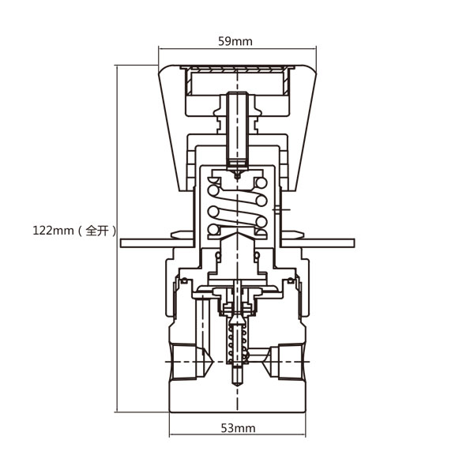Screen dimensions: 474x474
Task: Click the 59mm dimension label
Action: click(x=235, y=41)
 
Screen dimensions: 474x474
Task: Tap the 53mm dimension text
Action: click(x=239, y=428)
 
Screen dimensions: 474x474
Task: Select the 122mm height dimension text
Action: click(x=53, y=231)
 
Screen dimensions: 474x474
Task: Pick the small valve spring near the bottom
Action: click(x=238, y=344)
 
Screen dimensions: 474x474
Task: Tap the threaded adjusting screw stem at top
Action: click(x=238, y=130)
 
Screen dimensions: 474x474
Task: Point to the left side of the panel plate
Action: click(x=157, y=243)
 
